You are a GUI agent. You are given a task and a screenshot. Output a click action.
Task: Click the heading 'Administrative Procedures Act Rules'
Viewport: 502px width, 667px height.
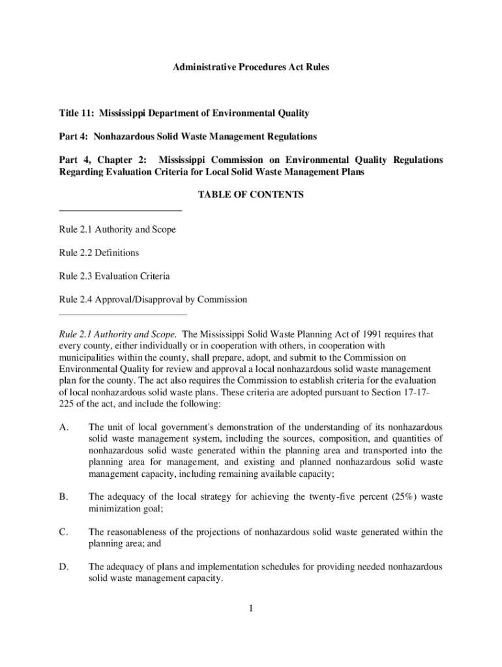(251, 67)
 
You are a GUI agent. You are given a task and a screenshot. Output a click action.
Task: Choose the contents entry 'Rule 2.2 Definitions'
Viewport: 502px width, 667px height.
(98, 253)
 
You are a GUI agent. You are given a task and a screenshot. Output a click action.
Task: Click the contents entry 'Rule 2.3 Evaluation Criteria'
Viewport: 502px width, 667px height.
(114, 276)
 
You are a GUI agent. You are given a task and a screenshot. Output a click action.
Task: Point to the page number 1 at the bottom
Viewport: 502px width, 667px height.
(250, 609)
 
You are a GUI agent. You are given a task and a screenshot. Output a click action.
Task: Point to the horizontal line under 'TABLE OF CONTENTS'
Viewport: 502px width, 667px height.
(120, 210)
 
